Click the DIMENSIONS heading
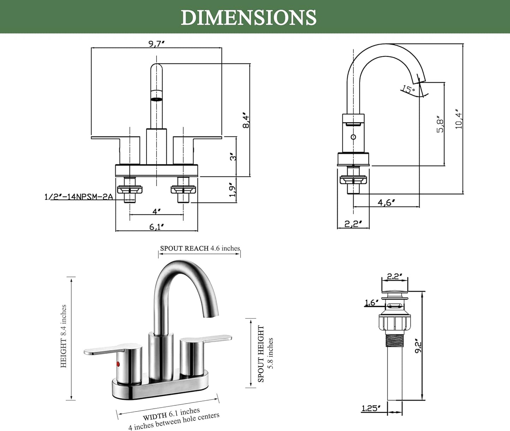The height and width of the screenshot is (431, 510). [x=248, y=17]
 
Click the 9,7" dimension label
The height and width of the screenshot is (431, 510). [x=157, y=44]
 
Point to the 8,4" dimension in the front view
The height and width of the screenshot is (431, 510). [x=246, y=120]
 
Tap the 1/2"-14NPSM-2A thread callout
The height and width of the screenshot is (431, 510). [x=78, y=197]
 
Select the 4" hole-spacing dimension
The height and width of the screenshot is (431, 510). [x=157, y=211]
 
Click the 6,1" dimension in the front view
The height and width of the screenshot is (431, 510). [x=157, y=227]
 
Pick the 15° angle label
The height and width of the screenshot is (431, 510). [x=408, y=90]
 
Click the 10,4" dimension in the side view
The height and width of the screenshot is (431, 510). [x=458, y=119]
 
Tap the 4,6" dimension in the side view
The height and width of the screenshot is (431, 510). [x=386, y=202]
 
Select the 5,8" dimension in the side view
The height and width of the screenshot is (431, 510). [x=440, y=124]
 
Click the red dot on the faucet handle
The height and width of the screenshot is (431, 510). [x=118, y=364]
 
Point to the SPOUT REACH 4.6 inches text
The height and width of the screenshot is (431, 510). [x=200, y=248]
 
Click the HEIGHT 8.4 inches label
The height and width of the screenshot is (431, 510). [x=64, y=336]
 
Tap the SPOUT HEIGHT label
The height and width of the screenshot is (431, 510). [x=261, y=353]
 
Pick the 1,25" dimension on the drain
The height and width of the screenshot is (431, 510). [x=371, y=408]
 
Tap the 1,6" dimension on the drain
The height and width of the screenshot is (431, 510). [x=372, y=303]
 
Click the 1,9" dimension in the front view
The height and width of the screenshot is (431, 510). [x=232, y=190]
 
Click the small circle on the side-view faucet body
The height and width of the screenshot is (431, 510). [x=353, y=137]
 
